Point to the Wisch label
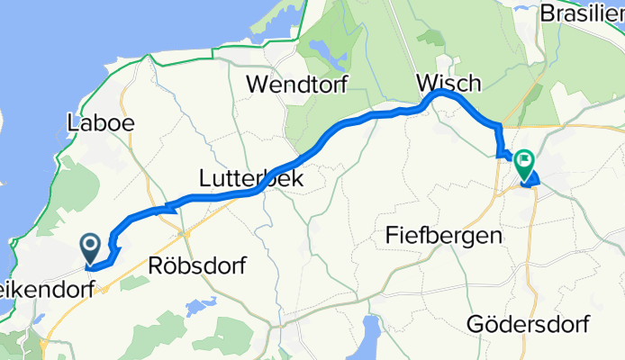449,83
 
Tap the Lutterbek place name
251,179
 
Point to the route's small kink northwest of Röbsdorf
164,209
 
